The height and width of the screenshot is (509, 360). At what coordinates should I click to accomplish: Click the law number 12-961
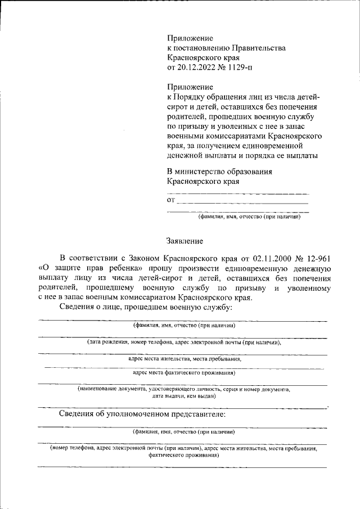pyautogui.click(x=316, y=258)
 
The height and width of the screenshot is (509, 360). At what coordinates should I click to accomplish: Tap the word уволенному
pyautogui.click(x=308, y=288)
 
